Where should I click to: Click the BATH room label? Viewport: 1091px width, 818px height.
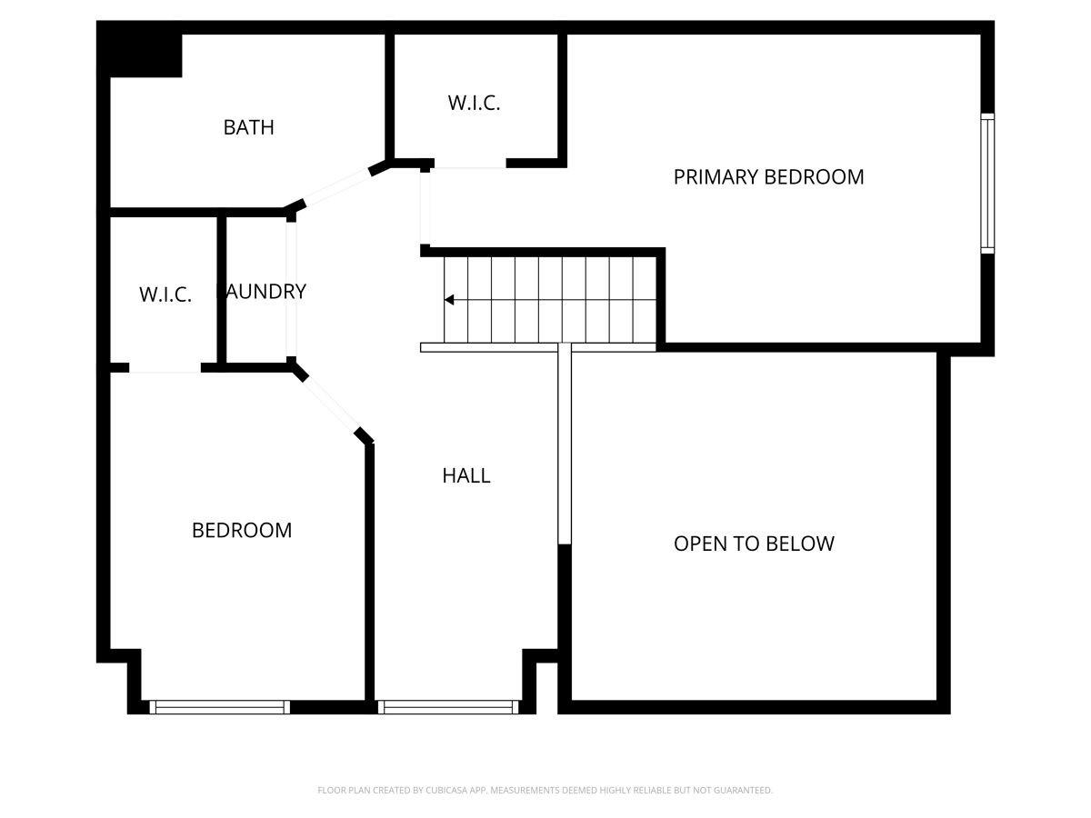pos(248,127)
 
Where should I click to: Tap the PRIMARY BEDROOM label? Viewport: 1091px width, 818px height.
pos(768,177)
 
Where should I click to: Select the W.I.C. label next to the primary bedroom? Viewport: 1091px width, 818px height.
pos(474,103)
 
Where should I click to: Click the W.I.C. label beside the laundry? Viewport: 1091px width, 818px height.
pos(165,294)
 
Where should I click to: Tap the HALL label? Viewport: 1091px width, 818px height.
pos(466,475)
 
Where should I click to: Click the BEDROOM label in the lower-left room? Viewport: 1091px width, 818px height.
pos(242,530)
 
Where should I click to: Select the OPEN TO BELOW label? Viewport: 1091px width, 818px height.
pos(754,544)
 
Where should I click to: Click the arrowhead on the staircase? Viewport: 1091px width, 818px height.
pos(449,300)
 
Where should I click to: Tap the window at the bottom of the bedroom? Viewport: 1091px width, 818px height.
pos(219,706)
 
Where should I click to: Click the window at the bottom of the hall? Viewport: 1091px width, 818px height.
pos(448,706)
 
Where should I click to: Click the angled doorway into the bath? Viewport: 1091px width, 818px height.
pos(336,188)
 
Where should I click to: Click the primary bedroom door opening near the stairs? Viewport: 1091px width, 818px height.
pos(425,207)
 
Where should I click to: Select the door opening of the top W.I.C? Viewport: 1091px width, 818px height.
pos(469,165)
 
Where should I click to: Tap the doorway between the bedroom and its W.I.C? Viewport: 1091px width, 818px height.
pos(165,368)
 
